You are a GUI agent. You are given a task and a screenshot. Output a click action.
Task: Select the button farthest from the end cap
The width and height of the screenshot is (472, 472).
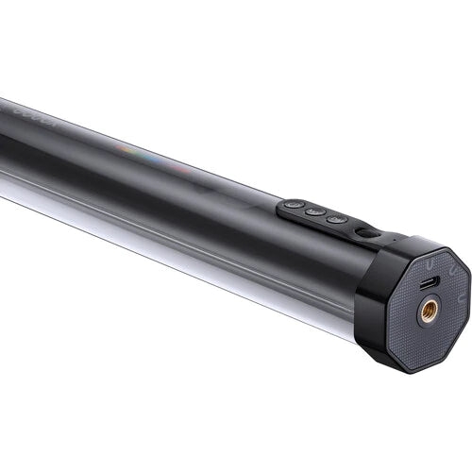coord(294,205)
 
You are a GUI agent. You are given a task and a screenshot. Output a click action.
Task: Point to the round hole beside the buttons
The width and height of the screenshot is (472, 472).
coord(362,230)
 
